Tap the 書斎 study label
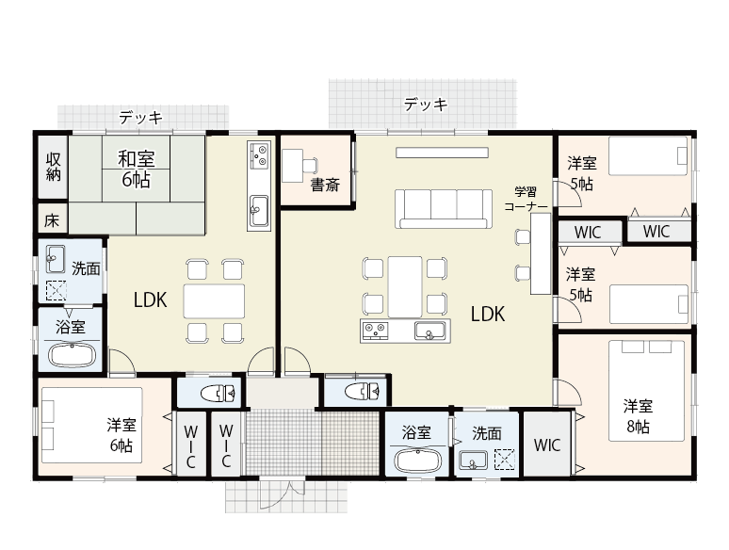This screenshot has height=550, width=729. (x=325, y=185)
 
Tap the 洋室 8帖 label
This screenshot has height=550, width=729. (x=637, y=416)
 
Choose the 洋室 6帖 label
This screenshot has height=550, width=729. (x=121, y=434)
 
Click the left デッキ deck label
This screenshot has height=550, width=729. (x=141, y=118)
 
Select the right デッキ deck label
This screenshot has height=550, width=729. (x=426, y=105)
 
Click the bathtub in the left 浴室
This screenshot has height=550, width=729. (x=70, y=356)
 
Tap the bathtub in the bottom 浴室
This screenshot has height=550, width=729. (x=415, y=461)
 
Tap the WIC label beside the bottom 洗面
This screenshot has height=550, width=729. (x=546, y=445)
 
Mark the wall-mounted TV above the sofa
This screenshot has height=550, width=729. (x=442, y=152)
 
